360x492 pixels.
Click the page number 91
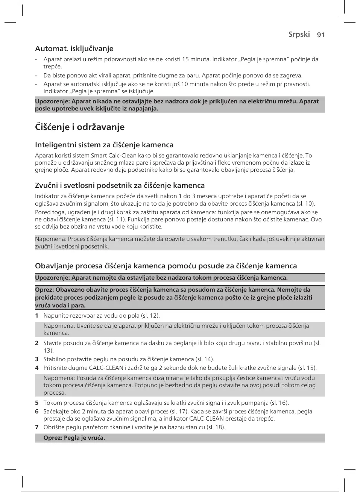321,35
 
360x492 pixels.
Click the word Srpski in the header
299,34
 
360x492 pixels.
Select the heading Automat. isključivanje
74,48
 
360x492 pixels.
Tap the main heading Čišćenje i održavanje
80,127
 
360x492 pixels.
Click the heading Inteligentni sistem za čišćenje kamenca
104,145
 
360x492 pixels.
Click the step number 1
37,316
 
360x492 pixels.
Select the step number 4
37,368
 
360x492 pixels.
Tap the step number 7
37,427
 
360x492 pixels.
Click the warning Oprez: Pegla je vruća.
74,438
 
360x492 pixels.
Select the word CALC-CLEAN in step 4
106,368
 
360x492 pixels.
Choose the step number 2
37,343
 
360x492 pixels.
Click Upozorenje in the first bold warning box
52,101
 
